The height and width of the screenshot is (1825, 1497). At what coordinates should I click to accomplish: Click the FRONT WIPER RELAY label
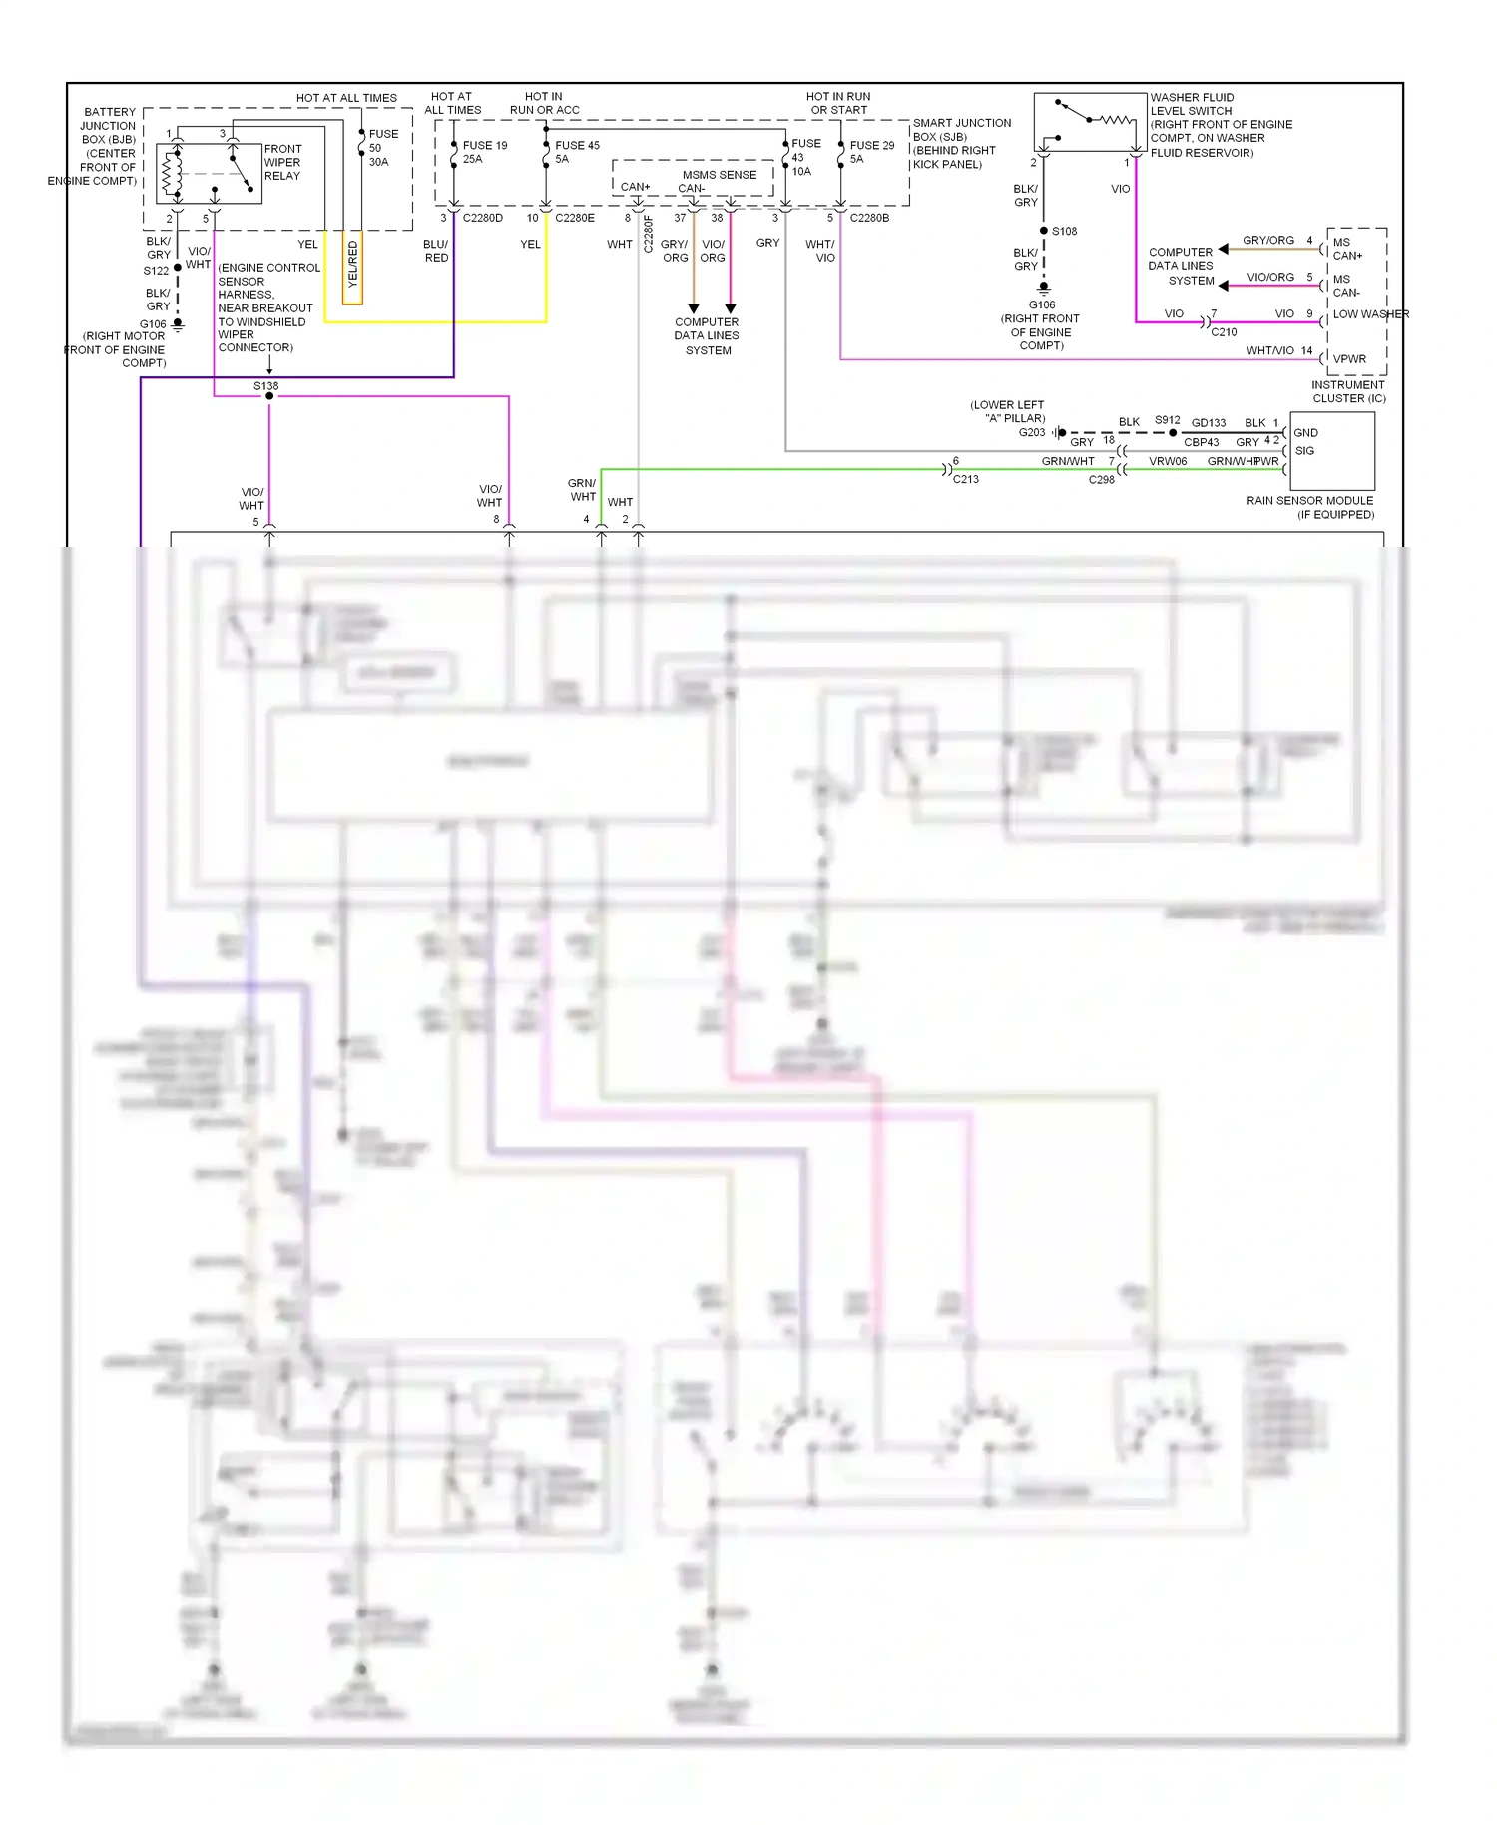click(x=282, y=162)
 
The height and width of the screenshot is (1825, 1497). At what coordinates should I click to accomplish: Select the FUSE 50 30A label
click(x=382, y=147)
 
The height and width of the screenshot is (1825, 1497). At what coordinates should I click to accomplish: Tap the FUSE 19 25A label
click(x=484, y=152)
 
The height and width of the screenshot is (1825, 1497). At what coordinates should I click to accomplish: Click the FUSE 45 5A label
click(x=577, y=152)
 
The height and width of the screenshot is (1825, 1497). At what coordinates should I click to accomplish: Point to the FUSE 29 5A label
click(x=871, y=152)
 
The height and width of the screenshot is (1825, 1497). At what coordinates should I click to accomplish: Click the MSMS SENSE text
click(x=719, y=174)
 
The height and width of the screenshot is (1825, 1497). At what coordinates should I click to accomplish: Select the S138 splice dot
click(x=269, y=396)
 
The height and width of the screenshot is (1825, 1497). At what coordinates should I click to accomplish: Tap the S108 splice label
click(x=1064, y=231)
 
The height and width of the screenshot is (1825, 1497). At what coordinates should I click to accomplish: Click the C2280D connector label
click(x=483, y=218)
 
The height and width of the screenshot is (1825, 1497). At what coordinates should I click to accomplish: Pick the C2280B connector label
click(x=869, y=218)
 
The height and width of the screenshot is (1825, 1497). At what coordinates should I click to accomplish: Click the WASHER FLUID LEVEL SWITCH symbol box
click(x=1090, y=122)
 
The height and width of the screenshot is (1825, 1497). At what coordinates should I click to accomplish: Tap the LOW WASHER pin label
click(x=1370, y=314)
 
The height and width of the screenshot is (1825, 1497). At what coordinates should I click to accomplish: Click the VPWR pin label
click(x=1349, y=359)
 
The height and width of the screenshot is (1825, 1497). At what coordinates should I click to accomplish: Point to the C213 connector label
click(x=965, y=479)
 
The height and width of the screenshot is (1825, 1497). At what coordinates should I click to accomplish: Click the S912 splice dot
click(x=1173, y=433)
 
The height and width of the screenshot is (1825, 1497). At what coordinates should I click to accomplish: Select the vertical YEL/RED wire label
click(x=352, y=265)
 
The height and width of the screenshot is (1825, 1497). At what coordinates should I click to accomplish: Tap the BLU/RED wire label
click(x=436, y=251)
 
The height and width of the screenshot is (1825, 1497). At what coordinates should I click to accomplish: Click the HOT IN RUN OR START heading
click(x=838, y=103)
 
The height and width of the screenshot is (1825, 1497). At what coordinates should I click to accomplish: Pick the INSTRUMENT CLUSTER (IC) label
click(x=1348, y=391)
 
